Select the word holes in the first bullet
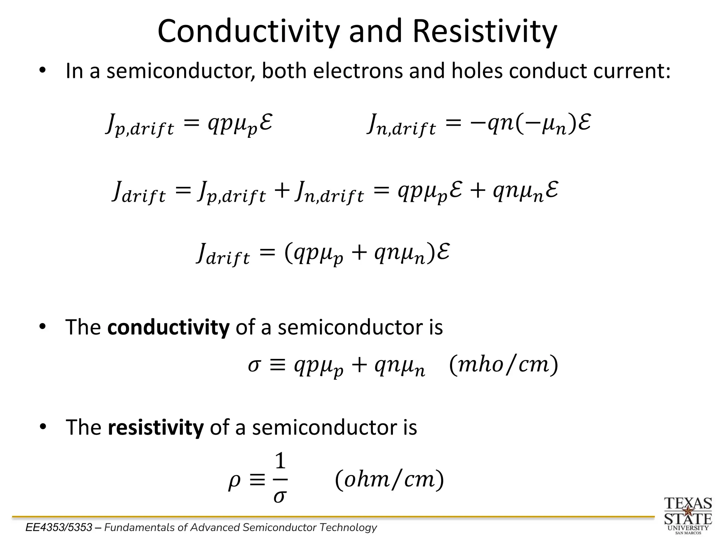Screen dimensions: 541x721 (x=477, y=71)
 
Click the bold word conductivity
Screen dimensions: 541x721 (x=168, y=327)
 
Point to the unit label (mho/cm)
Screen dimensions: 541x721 (x=503, y=365)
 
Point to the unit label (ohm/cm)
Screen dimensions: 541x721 (x=389, y=479)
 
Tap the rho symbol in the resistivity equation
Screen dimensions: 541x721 (x=234, y=481)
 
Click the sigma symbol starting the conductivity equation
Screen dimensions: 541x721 (x=254, y=365)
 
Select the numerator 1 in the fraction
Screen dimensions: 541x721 (x=280, y=461)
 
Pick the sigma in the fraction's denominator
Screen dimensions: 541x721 (x=279, y=497)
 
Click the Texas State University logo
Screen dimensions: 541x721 (x=688, y=515)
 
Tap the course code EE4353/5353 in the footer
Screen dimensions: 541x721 (x=59, y=528)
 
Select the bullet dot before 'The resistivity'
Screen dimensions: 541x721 (x=43, y=427)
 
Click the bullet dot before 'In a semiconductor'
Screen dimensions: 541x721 (x=43, y=70)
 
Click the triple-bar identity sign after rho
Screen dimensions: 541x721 (x=257, y=480)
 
